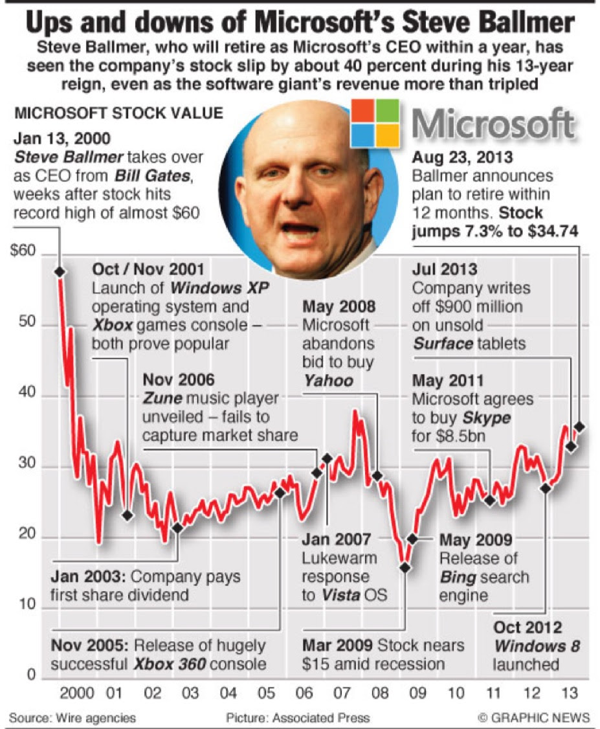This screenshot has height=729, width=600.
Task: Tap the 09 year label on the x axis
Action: tap(417, 693)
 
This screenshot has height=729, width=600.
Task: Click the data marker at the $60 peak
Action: tap(60, 272)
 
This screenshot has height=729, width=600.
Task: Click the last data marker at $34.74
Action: tap(580, 427)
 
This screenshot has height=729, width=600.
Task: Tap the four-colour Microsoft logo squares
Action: tap(375, 123)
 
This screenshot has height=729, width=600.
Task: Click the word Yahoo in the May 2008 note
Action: tap(328, 380)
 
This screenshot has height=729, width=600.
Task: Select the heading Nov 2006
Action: tap(178, 379)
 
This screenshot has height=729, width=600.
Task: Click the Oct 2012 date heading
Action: tap(528, 627)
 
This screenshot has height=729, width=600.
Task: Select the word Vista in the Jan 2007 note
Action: tap(341, 594)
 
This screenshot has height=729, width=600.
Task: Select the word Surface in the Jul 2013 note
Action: tap(443, 343)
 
